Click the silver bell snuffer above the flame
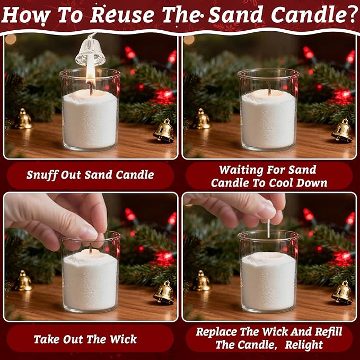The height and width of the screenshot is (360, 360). [91, 51]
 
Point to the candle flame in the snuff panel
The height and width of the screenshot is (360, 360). [90, 77]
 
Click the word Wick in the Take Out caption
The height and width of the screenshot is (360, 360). [121, 339]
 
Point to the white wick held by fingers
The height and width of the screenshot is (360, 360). [269, 228]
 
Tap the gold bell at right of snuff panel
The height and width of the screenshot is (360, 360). [164, 130]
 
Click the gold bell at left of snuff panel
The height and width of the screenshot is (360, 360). [23, 119]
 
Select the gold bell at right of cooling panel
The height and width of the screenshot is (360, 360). [342, 130]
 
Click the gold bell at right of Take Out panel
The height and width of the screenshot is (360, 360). [164, 292]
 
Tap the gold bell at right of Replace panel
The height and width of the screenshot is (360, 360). [342, 292]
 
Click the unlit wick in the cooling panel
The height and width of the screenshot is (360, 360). [269, 90]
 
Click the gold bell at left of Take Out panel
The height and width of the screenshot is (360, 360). [23, 281]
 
